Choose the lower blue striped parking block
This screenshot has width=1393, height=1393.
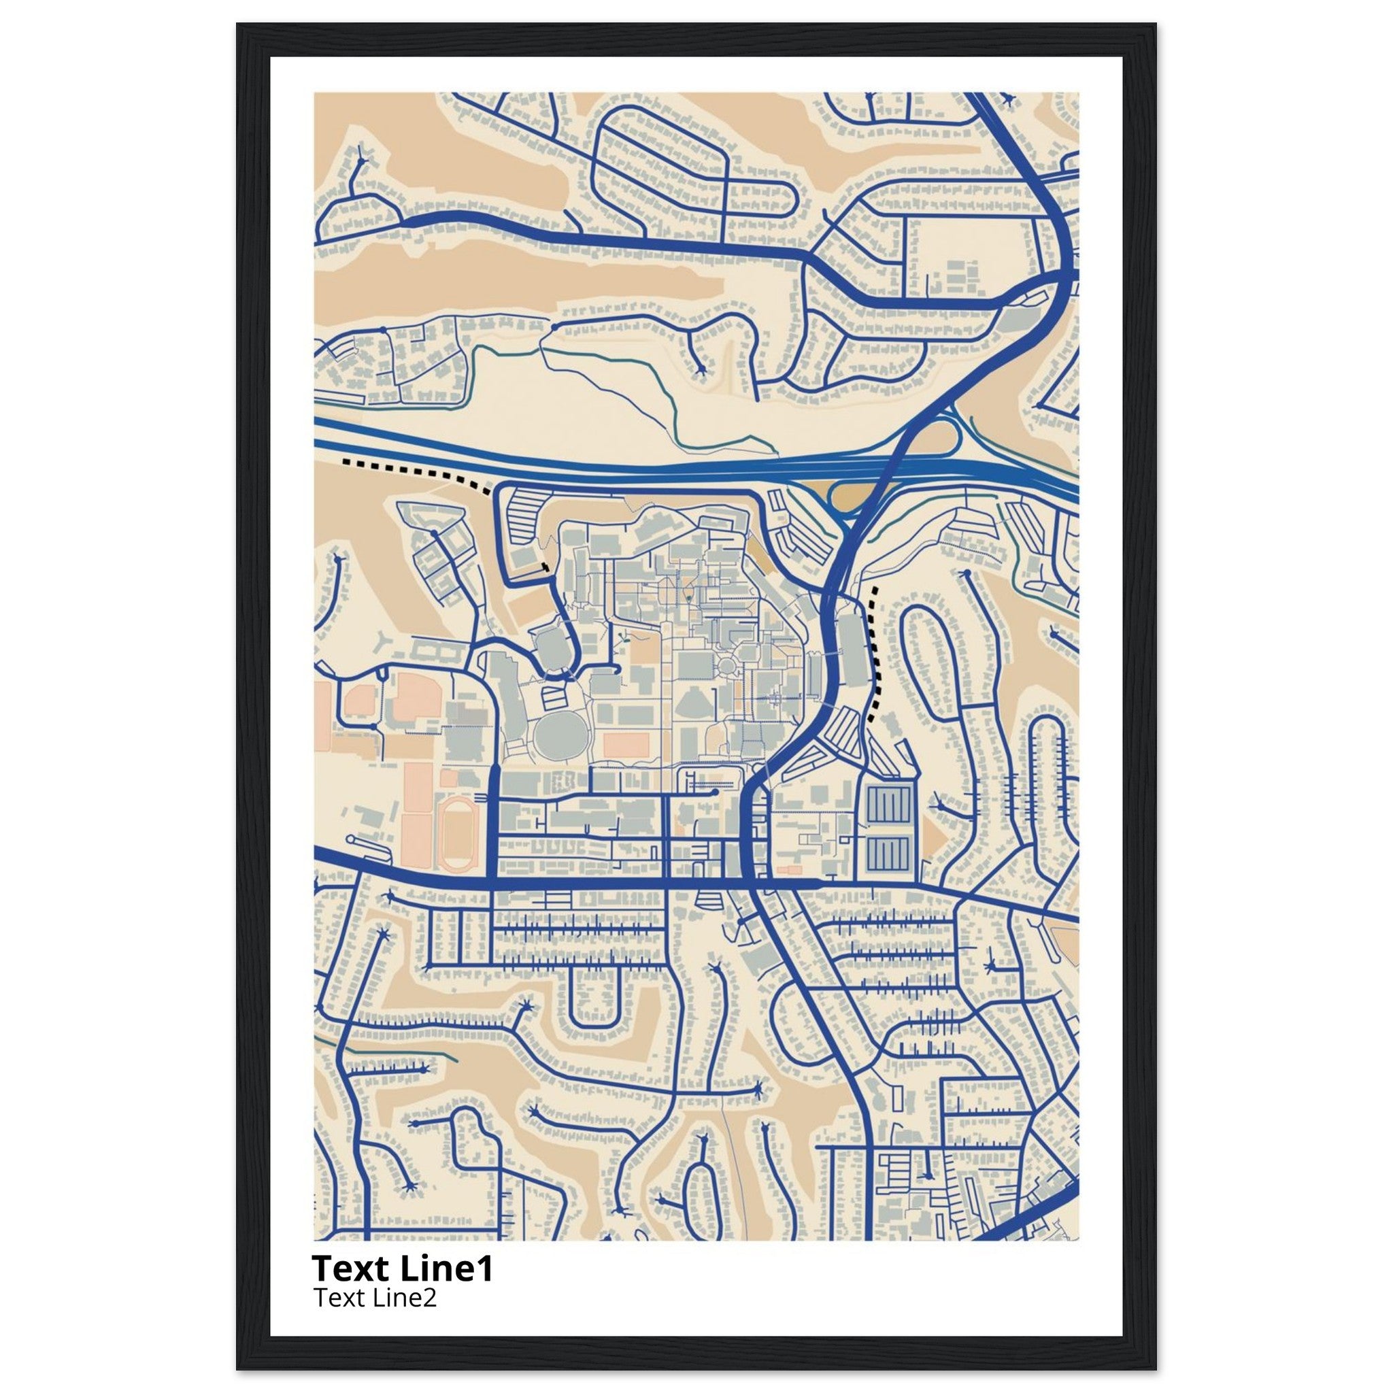[x=889, y=852]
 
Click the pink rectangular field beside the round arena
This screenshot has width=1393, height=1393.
[x=626, y=745]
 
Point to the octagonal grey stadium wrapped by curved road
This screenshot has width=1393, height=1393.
[x=550, y=641]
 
